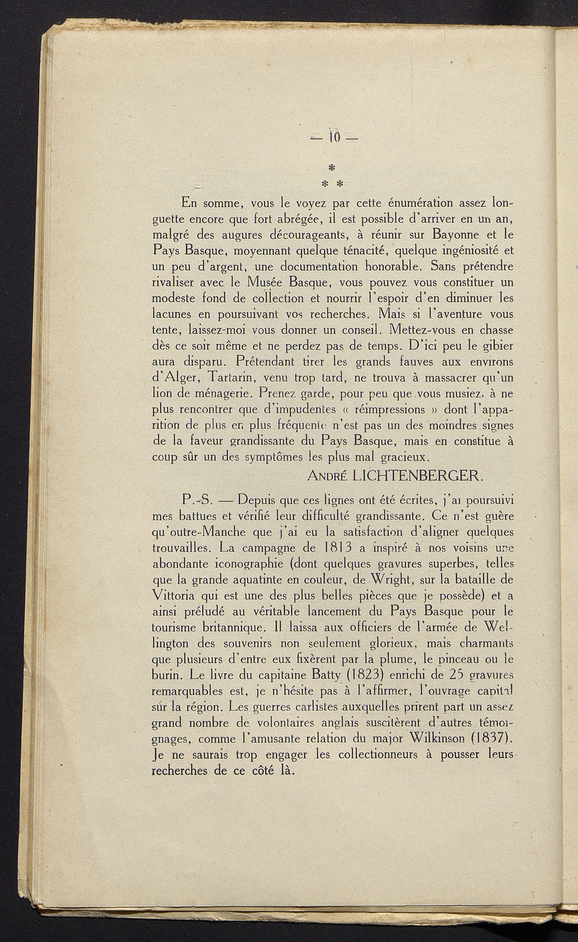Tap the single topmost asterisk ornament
331,167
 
